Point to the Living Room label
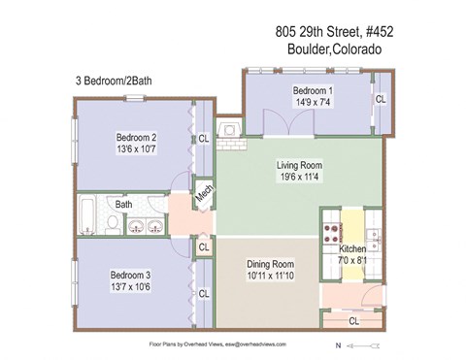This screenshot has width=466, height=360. coord(298,165)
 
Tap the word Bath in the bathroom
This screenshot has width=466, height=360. coord(124,205)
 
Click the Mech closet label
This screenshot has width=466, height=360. coord(203,194)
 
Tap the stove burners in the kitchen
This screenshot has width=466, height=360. coord(330,232)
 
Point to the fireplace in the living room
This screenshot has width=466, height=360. coord(230,131)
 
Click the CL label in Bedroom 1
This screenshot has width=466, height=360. coord(381,99)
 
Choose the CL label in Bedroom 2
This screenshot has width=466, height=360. coord(203,139)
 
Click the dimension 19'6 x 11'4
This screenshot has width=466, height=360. coord(298,178)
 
